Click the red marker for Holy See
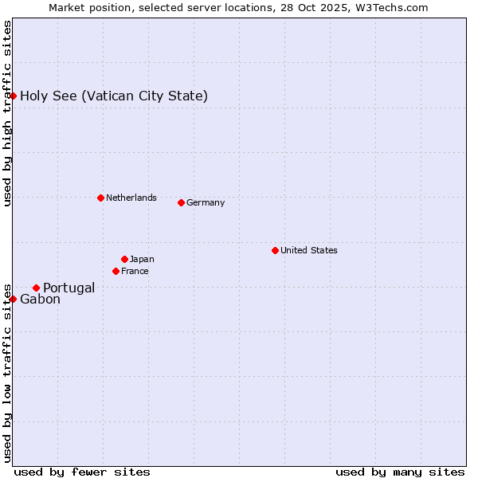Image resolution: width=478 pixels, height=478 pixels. point(13,96)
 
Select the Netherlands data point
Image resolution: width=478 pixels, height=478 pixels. point(100,198)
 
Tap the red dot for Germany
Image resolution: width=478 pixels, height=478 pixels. point(181,202)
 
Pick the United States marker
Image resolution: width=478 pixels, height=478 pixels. point(275,250)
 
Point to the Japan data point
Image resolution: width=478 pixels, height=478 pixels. point(124,259)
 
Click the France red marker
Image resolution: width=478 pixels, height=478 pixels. point(116,271)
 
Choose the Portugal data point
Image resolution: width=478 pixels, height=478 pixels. point(36,288)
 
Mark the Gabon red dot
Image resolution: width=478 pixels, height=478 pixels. point(13,299)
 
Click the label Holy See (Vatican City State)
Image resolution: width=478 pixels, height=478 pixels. point(114,96)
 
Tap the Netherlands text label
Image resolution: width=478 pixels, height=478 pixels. point(131,198)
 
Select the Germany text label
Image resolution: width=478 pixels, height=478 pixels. point(206,202)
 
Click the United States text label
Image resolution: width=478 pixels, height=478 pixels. point(309,250)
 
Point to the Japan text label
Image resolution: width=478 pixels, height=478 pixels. point(142,259)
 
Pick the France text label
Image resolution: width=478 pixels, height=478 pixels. point(135,271)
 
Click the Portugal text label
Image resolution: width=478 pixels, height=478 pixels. point(69,288)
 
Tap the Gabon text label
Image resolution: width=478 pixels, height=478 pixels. point(40,300)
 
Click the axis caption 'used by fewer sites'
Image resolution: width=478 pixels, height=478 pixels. point(82,472)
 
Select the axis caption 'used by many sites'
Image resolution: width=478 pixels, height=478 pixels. point(400,472)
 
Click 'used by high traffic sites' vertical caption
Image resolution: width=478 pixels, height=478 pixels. point(7,113)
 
